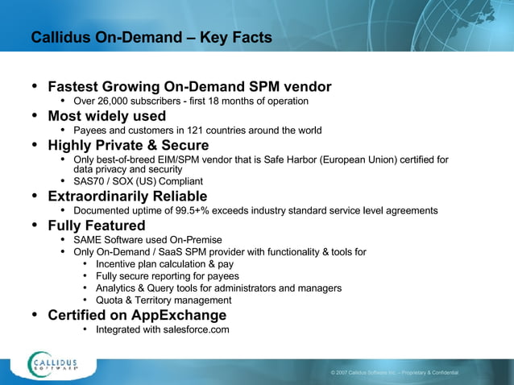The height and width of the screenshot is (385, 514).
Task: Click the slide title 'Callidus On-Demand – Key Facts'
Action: click(151, 38)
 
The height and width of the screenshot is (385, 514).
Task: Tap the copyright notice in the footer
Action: click(395, 373)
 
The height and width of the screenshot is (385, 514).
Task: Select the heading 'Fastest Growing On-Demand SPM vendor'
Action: click(189, 86)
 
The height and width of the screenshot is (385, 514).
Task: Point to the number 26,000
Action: click(111, 101)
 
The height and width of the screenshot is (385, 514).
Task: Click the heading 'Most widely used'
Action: click(106, 116)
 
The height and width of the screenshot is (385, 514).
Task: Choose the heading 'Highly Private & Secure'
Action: click(128, 145)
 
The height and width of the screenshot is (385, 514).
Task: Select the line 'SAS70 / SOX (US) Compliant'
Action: click(138, 182)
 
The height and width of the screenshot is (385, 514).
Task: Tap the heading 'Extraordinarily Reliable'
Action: click(127, 197)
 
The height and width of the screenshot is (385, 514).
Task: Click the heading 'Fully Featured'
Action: click(97, 226)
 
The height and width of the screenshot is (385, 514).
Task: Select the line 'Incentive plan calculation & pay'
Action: click(164, 264)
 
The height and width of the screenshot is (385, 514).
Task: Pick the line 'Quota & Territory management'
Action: click(163, 300)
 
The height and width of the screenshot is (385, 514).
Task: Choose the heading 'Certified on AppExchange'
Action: click(137, 315)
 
